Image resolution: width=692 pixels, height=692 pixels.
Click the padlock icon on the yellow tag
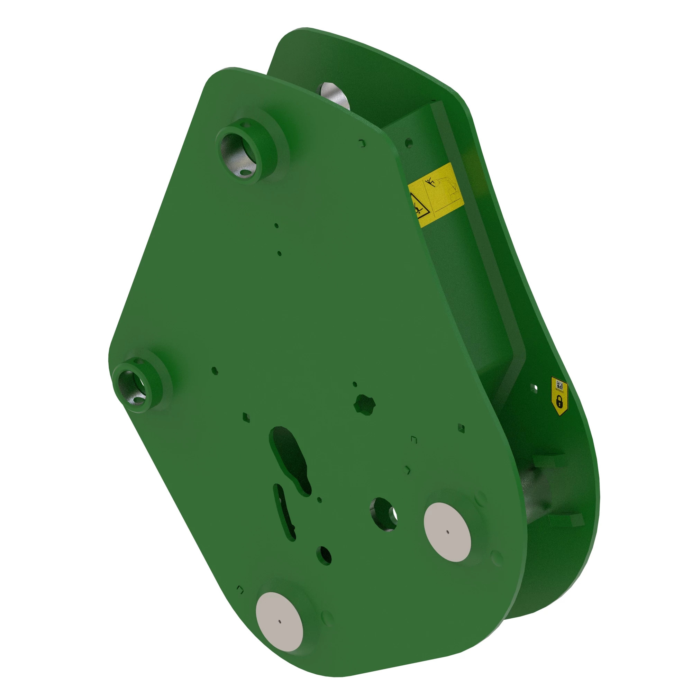pos(559,401)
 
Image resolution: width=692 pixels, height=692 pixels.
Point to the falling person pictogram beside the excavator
pos(430,182)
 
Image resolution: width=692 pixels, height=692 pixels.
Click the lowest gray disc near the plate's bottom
pos(279,621)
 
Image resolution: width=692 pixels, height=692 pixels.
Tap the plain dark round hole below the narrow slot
pos(324,555)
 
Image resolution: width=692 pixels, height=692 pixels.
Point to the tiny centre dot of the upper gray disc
pos(447,532)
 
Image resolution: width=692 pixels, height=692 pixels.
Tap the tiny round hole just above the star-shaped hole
pos(355,384)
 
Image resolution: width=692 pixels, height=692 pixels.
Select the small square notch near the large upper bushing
pos(362,143)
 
